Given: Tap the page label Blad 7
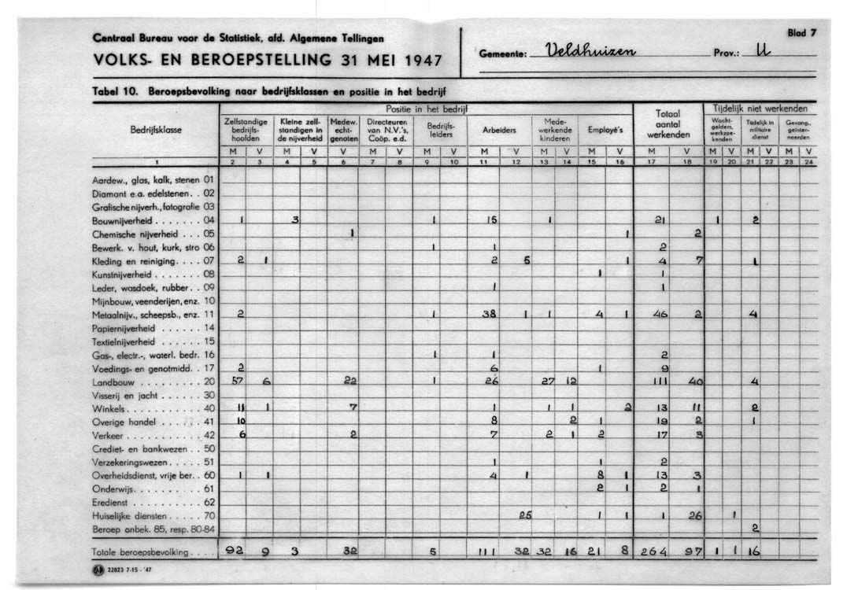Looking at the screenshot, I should tap(802, 33).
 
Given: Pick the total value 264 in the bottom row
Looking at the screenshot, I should tap(653, 552).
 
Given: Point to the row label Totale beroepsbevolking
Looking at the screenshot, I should tap(140, 552).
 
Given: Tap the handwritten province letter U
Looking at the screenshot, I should tap(760, 53).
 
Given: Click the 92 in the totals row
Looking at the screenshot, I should tap(235, 551).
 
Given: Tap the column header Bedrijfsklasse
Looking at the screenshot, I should tap(156, 131).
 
